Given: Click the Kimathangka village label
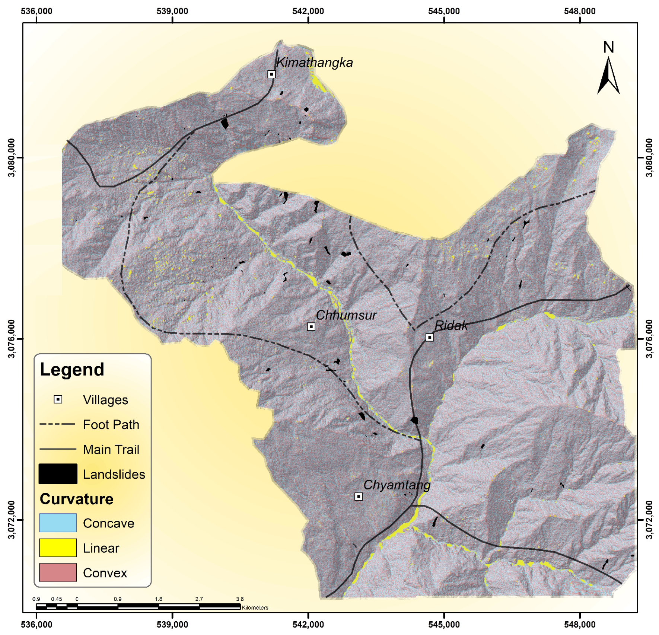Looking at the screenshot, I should tap(314, 63).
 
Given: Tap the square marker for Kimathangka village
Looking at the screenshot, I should tap(271, 74).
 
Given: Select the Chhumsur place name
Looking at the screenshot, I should tap(346, 315).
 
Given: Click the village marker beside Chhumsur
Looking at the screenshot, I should tap(311, 327).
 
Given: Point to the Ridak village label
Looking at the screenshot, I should tap(451, 326).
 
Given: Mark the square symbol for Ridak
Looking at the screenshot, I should tap(430, 337).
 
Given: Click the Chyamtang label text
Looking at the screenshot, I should tap(397, 485).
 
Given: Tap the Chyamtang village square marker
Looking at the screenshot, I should tap(358, 497).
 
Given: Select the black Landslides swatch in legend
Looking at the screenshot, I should tap(58, 474).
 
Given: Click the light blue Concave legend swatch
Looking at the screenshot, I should tap(58, 523).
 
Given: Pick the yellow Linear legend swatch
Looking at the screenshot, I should tap(58, 548).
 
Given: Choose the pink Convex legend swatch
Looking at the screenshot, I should tap(58, 572).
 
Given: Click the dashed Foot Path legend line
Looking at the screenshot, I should tap(58, 424).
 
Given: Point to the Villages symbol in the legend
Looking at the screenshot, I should tap(58, 399).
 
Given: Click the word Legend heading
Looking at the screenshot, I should tap(72, 370).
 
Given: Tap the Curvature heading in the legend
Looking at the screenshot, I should tap(76, 499).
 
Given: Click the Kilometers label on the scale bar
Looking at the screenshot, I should tap(255, 607).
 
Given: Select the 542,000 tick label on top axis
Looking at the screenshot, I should tap(308, 11).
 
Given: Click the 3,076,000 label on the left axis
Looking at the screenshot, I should tap(12, 339).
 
